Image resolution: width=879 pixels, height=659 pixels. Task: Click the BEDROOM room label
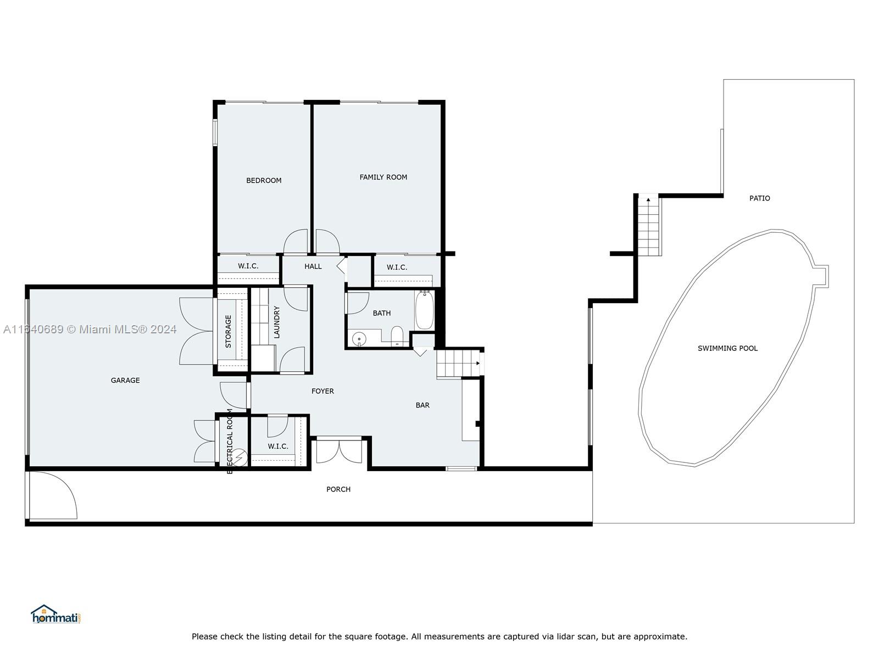[x=264, y=180]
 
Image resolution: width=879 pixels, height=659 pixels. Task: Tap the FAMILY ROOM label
[x=383, y=177]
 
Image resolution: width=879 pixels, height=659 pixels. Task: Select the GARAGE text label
[x=125, y=380]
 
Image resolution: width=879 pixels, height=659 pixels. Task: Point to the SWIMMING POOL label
[x=727, y=348]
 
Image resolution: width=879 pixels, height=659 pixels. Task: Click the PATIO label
[x=760, y=198]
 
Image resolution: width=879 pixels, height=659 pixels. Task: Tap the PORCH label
[x=338, y=489]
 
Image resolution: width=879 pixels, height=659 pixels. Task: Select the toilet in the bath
[x=397, y=335]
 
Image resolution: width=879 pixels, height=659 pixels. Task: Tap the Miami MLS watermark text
[x=90, y=329]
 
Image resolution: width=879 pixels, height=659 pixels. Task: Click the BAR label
[x=422, y=405]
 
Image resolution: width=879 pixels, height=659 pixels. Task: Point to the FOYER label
[x=322, y=391]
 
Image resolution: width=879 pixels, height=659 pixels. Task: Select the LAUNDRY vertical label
[x=277, y=322]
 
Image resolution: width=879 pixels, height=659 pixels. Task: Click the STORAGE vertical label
[x=229, y=331]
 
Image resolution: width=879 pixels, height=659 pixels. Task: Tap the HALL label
[x=313, y=266]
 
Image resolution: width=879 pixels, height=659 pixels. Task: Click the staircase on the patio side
[x=649, y=226]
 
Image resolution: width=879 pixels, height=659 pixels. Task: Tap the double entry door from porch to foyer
[x=340, y=451]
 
